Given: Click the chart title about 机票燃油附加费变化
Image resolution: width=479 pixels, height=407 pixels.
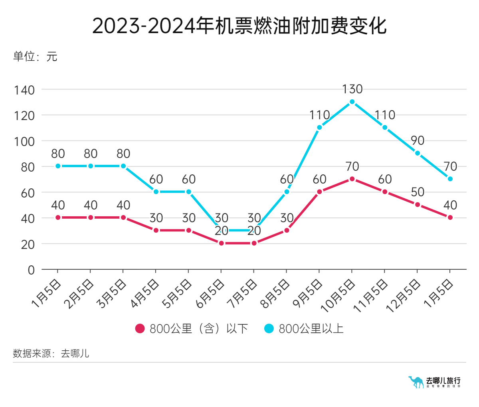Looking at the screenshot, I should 239,26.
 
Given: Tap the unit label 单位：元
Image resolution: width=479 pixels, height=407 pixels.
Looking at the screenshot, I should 35,56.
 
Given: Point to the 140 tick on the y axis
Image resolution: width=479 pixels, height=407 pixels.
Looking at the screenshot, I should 25,90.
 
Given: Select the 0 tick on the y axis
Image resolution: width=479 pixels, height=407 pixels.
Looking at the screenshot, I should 31,270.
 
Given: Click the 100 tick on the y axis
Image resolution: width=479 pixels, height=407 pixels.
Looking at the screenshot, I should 25,142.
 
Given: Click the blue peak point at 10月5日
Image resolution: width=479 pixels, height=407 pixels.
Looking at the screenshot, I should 352,102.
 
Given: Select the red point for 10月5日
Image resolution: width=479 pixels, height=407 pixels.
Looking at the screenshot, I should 352,179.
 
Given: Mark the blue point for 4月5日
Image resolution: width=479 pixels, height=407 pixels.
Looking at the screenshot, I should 156,192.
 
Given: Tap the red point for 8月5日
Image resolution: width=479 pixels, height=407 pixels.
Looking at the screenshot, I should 287,231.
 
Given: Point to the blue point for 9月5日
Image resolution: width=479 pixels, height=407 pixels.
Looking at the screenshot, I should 319,128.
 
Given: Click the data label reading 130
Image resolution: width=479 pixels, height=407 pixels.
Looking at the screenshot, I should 352,89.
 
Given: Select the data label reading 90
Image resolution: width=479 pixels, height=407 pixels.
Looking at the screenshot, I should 418,140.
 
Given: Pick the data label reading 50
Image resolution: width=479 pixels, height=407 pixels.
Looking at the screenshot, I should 418,192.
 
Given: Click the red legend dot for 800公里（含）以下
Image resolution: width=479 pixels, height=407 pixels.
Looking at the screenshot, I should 140,329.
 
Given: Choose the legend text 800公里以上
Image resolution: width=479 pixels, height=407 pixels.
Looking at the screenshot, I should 311,329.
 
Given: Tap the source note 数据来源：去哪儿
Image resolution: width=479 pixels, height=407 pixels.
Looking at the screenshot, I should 51,354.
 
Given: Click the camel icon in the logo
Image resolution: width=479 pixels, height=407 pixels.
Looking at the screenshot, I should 416,382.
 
